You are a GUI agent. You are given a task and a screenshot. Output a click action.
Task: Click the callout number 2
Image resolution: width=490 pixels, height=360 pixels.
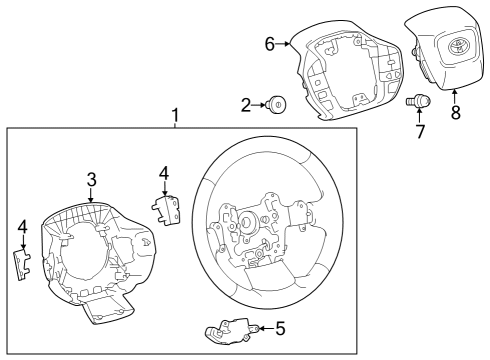245,103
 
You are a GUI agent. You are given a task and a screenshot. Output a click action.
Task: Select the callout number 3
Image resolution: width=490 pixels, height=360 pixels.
91,180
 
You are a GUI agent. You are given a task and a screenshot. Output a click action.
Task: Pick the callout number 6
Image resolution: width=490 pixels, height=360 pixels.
269,43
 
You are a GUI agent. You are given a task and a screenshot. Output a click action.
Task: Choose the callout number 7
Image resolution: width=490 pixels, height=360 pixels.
420,131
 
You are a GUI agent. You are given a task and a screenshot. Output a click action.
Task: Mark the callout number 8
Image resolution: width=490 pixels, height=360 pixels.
456,113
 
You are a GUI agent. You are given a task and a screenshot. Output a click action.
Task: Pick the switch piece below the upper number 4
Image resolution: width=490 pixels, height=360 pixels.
166,209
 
